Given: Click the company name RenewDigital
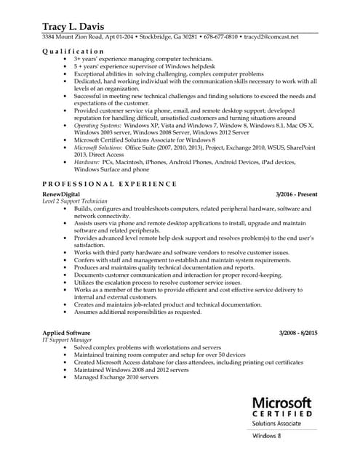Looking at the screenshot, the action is click(x=66, y=195).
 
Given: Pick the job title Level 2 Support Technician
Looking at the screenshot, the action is click(x=75, y=202).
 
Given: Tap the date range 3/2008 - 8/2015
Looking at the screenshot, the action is click(x=298, y=333).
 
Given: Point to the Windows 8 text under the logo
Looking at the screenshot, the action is click(x=267, y=436).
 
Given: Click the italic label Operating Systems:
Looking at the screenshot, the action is click(x=98, y=126).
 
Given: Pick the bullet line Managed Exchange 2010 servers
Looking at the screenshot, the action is click(x=116, y=377).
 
